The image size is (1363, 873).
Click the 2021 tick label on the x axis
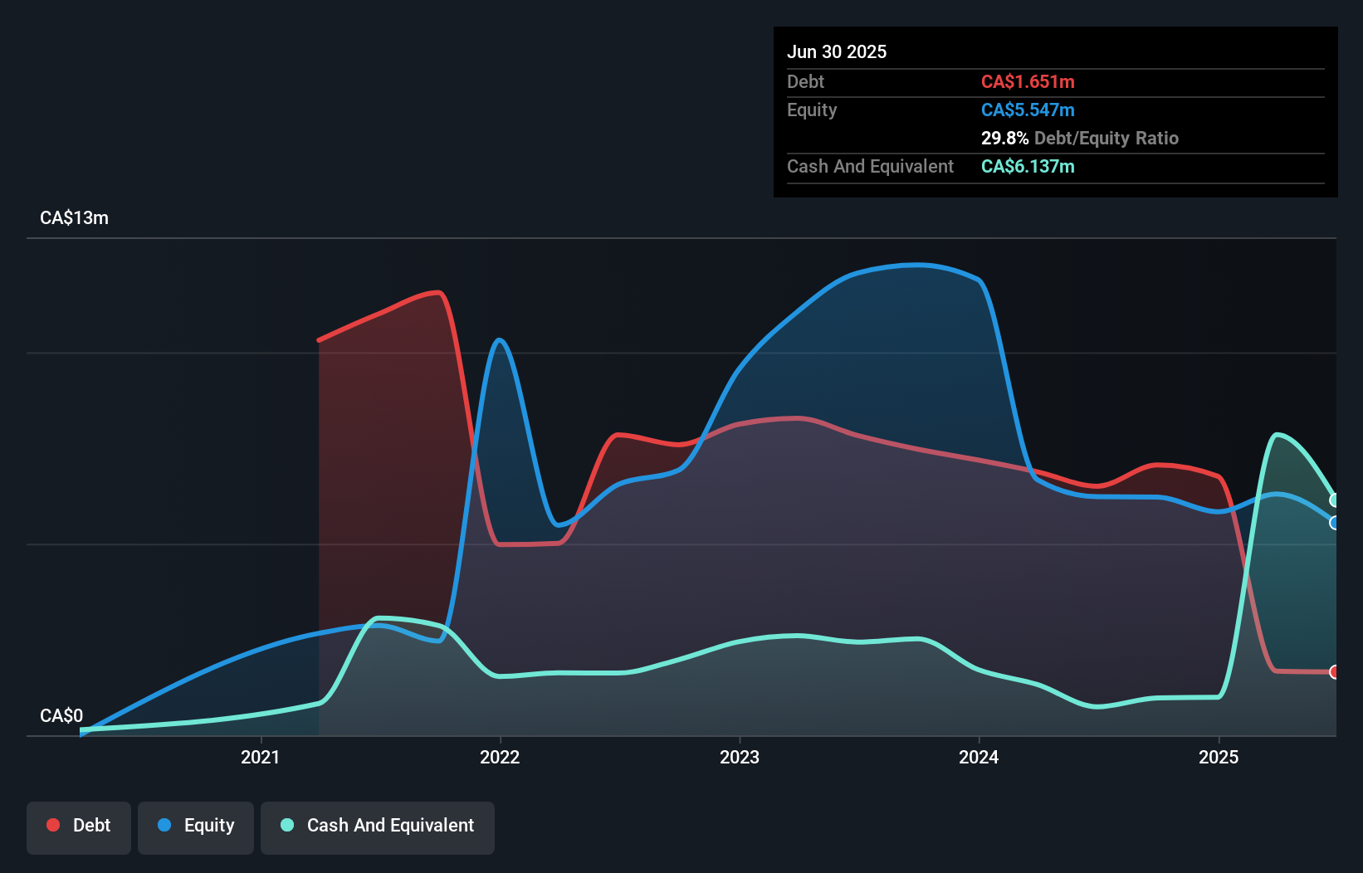260,757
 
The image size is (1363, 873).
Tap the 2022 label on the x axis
500,757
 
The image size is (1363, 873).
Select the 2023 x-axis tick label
740,757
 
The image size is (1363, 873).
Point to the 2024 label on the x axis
979,757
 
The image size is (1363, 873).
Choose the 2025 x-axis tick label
1219,757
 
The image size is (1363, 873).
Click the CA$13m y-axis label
74,218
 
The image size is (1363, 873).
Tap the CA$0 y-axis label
61,715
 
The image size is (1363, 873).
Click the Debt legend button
79,826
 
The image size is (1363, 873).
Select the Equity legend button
196,826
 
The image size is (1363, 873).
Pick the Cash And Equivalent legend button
378,826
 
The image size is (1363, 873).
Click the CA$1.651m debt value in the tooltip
1028,82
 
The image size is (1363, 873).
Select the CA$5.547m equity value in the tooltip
1028,110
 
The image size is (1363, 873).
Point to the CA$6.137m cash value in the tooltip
1028,167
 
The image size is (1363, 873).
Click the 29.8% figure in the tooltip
1004,139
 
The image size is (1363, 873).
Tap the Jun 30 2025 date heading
837,52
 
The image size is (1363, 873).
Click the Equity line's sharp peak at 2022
499,340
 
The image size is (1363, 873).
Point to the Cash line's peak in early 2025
1277,435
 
